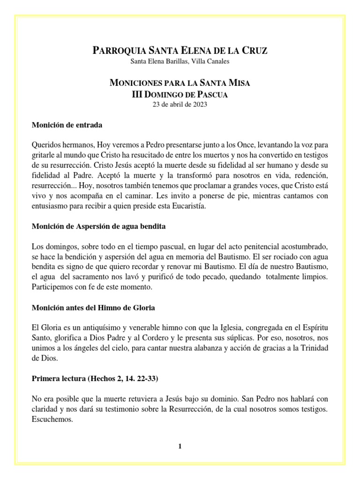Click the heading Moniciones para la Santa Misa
coord(180,83)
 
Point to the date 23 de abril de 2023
coord(180,104)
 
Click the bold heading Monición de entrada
coord(67,125)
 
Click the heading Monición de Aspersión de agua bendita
coord(98,226)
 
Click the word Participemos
coord(53,287)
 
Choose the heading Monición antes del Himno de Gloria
coord(93,308)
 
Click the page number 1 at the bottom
coord(180,447)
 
